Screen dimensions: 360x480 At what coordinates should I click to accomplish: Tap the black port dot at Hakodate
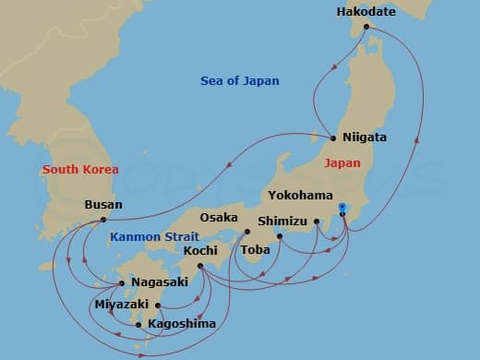[x=366, y=27]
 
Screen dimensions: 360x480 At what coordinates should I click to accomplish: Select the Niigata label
[x=365, y=137]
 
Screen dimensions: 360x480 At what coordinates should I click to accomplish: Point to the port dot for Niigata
[x=333, y=138]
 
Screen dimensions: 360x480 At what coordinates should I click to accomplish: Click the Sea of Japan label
[x=240, y=81]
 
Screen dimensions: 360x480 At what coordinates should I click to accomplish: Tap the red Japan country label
[x=343, y=162]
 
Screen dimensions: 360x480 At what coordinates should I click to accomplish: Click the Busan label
[x=102, y=204]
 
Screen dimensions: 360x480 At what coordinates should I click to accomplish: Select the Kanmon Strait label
[x=150, y=236]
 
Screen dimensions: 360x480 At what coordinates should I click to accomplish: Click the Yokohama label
[x=301, y=196]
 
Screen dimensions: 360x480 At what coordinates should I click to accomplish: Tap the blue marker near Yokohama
[x=342, y=206]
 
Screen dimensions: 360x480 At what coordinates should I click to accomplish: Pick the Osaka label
[x=219, y=218]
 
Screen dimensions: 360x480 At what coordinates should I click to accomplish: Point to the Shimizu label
[x=282, y=221]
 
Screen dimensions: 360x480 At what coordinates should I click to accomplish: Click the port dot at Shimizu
[x=317, y=221]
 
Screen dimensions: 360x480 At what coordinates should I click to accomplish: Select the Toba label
[x=255, y=249]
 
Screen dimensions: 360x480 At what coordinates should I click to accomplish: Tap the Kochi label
[x=200, y=251]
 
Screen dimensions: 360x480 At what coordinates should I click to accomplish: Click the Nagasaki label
[x=161, y=282]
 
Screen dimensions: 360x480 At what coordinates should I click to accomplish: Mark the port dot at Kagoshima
[x=138, y=324]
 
